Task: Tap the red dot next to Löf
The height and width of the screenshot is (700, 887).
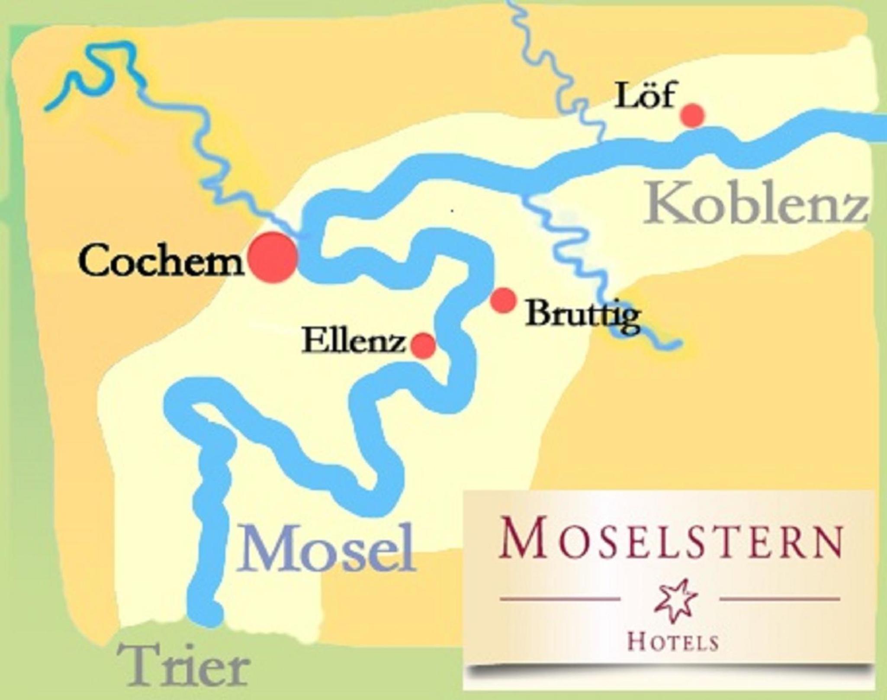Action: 693,116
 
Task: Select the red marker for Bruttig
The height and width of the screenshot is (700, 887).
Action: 504,300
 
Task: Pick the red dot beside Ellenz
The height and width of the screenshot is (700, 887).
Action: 423,345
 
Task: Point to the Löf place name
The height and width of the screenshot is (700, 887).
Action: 645,96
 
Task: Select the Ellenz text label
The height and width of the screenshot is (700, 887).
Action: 354,342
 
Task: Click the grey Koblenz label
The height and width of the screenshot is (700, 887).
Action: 755,208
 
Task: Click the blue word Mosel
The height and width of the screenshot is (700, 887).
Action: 325,549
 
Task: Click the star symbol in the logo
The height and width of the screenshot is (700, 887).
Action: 670,600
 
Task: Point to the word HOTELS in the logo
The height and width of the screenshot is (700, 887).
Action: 672,642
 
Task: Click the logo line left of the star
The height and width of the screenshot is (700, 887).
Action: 560,599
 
